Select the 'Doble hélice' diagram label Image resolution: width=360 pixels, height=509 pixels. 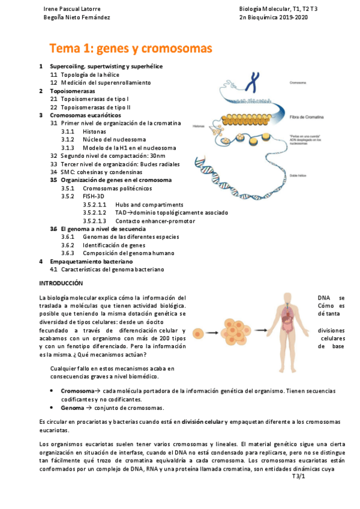[298, 176]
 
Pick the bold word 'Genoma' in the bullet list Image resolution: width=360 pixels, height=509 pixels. [74, 408]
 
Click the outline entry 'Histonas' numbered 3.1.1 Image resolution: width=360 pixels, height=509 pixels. [95, 131]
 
